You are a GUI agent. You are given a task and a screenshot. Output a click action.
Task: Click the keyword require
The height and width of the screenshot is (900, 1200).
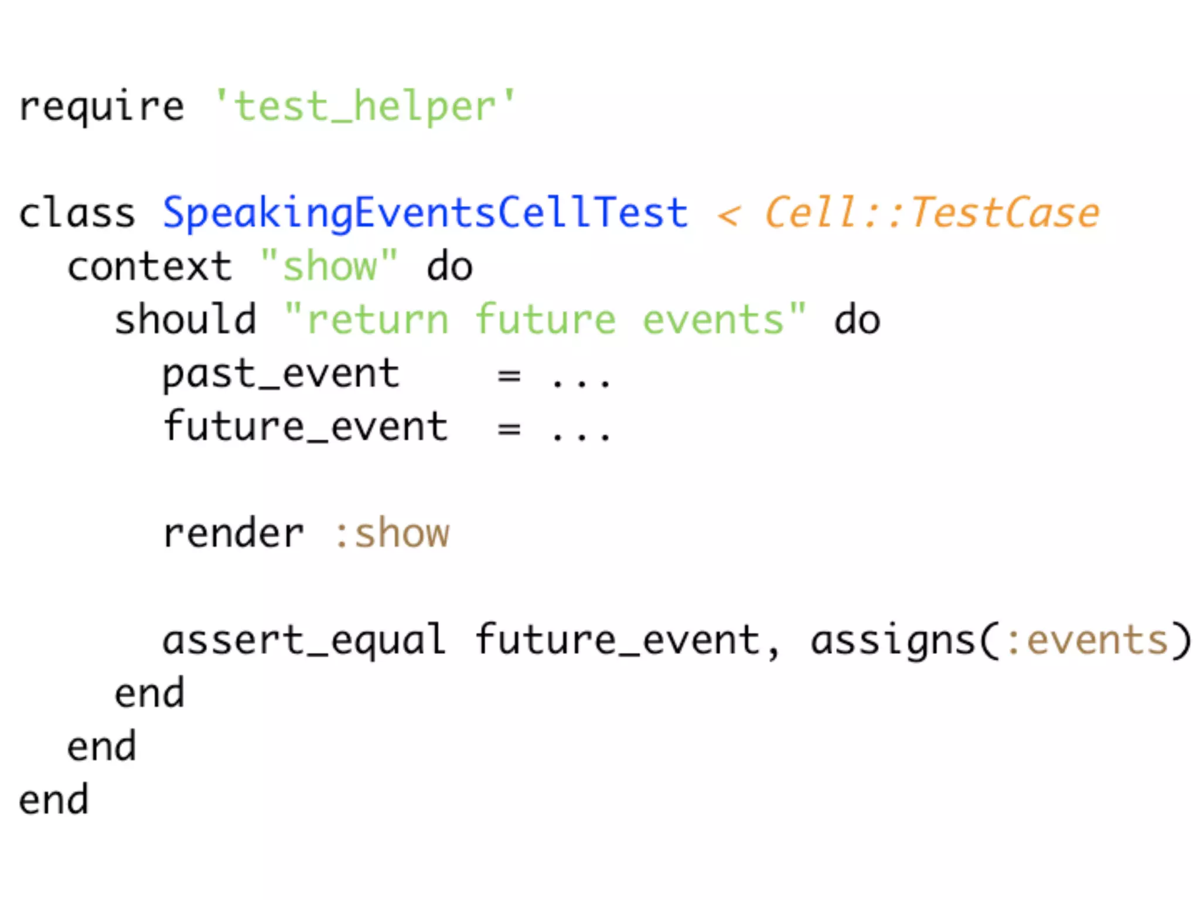(101, 107)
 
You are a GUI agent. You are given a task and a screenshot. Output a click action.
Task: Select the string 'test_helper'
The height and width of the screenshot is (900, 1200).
(364, 107)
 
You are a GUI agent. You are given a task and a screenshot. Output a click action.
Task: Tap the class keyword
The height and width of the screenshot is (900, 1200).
(77, 213)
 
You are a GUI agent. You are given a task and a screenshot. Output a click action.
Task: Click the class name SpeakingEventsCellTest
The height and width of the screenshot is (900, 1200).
(425, 213)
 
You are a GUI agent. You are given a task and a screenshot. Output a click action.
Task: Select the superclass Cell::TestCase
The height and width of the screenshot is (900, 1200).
(932, 213)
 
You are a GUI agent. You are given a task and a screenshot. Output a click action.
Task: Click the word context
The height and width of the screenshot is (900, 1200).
(149, 267)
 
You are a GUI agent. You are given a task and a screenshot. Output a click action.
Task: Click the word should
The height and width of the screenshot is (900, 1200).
(185, 320)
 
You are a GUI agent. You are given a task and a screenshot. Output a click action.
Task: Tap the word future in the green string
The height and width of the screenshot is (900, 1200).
(545, 320)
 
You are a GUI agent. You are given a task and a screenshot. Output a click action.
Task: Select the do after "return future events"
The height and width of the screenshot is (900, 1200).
(857, 320)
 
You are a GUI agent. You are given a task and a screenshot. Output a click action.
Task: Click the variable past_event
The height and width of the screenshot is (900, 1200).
(281, 374)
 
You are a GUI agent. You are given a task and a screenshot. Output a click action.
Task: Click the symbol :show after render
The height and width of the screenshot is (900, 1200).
(391, 533)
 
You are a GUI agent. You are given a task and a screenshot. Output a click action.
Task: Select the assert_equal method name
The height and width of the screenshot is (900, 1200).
(304, 640)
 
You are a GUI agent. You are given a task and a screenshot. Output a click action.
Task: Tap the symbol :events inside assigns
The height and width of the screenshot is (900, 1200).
(1087, 640)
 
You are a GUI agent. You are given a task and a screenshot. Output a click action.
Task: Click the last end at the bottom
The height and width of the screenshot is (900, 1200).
(53, 800)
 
